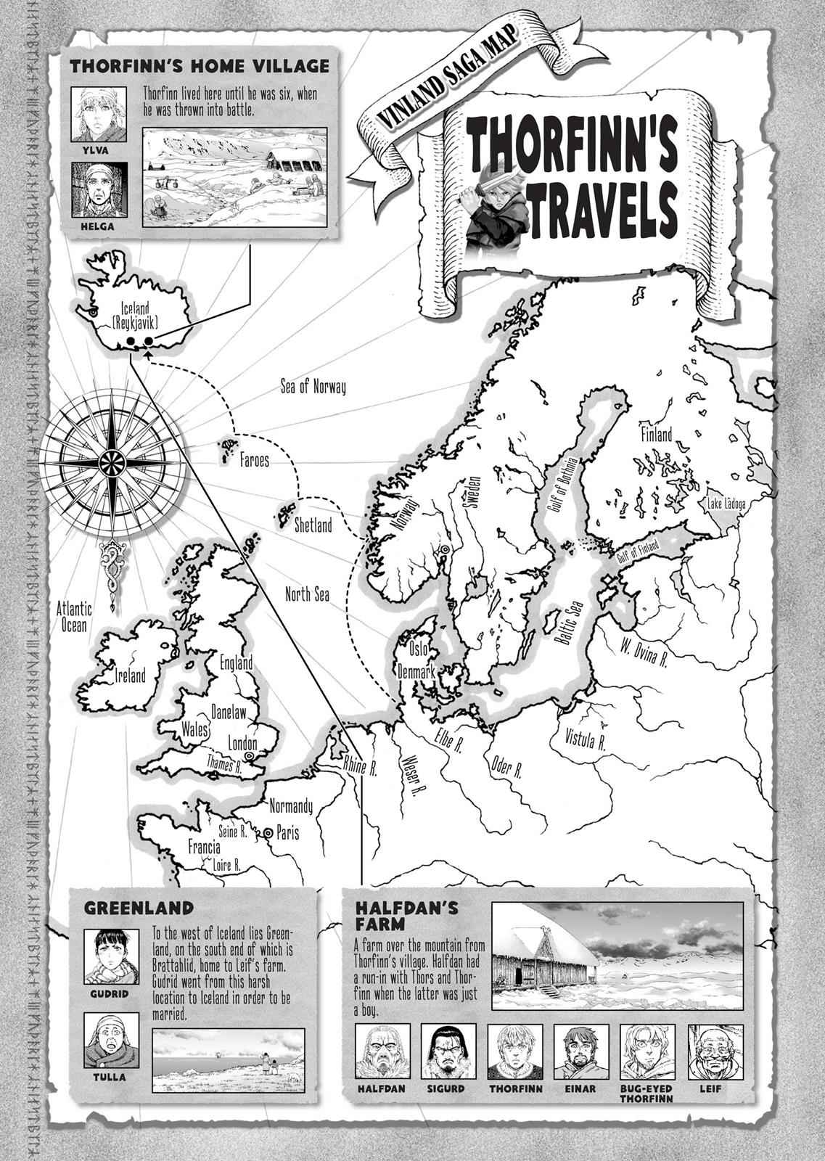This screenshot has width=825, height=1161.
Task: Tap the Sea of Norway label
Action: pos(313,387)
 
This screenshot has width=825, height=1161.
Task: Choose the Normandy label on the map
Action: pos(290,806)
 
